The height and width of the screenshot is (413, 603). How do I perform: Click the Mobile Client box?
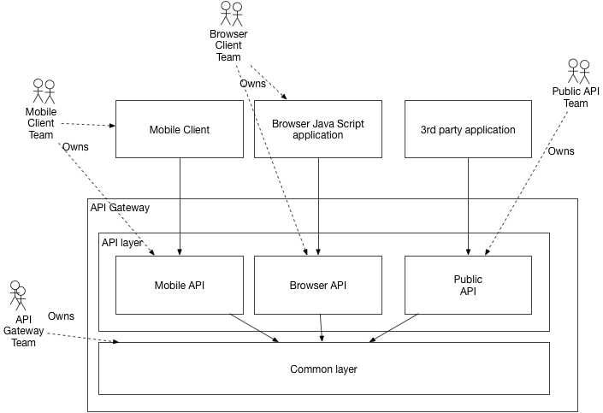click(x=180, y=129)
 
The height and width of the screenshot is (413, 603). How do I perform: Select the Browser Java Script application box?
click(x=318, y=129)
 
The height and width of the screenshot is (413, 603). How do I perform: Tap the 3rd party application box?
click(x=468, y=129)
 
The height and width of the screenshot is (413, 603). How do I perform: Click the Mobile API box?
click(x=180, y=285)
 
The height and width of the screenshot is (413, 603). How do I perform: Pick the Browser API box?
click(x=318, y=285)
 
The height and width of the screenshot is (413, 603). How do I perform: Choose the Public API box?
click(x=468, y=285)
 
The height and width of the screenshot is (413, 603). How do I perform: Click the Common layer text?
click(x=323, y=369)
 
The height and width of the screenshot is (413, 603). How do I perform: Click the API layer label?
click(x=122, y=242)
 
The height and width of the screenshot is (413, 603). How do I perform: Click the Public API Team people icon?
click(x=579, y=70)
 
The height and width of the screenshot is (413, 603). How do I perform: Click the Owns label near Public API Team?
click(x=560, y=151)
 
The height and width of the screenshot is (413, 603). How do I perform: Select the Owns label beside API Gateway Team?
click(x=61, y=316)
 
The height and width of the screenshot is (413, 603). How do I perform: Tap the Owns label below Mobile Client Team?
click(x=75, y=146)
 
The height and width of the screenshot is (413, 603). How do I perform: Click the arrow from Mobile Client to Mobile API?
click(x=180, y=205)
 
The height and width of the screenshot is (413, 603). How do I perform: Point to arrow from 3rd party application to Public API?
click(x=468, y=205)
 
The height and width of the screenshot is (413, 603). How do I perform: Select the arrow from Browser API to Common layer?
click(x=321, y=327)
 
